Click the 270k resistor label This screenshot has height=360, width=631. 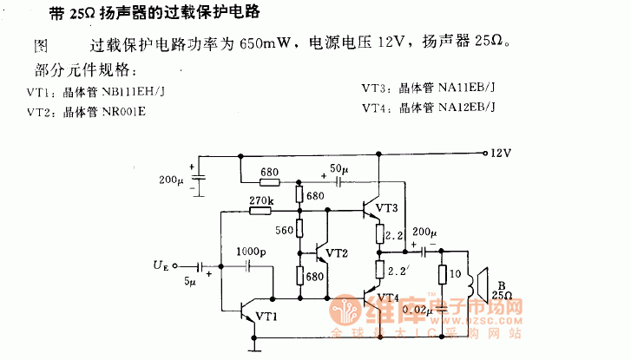tap(261, 201)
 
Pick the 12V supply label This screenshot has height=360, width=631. tap(501, 153)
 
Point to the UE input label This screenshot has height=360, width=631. tap(161, 265)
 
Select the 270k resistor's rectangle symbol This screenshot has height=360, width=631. tap(261, 212)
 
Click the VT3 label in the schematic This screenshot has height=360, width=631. tap(387, 208)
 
